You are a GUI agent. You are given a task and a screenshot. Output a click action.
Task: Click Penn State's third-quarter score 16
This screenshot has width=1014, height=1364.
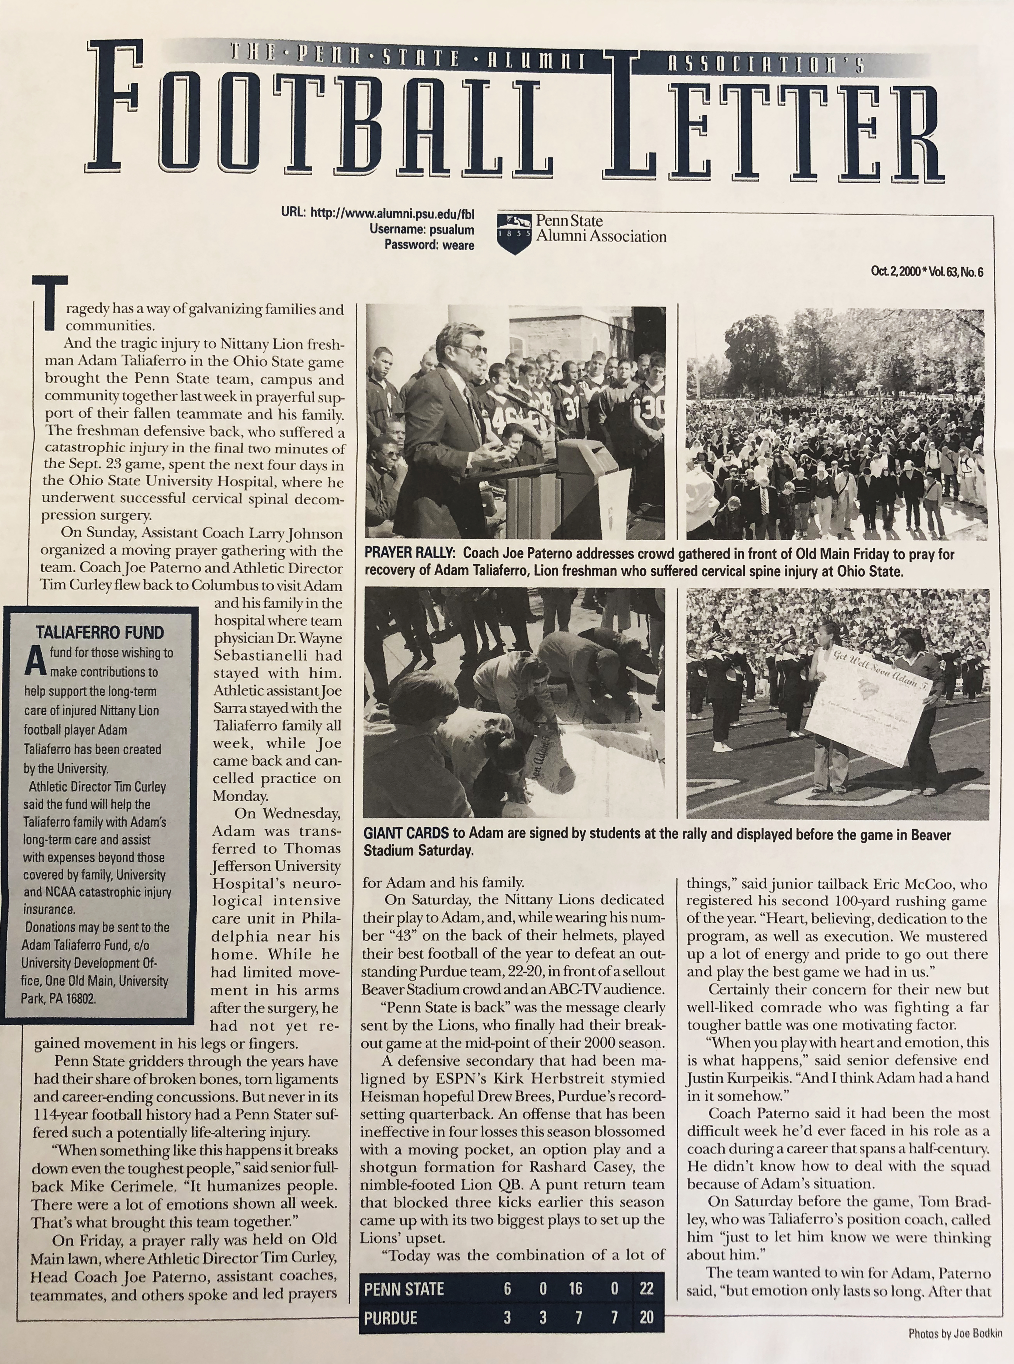pos(575,1288)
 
